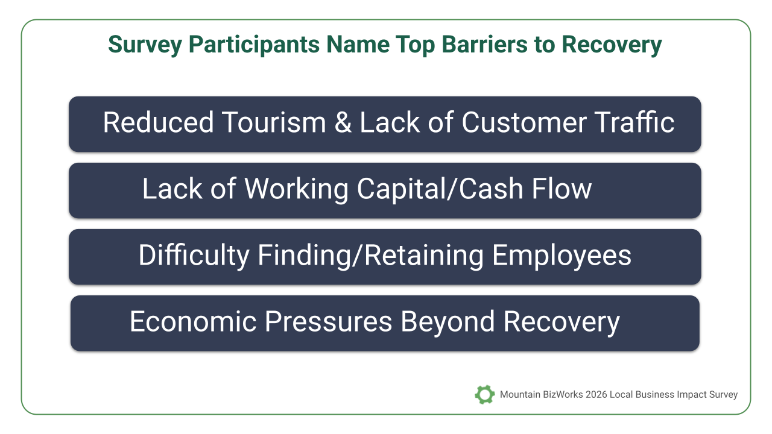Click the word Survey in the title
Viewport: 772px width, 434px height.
[145, 45]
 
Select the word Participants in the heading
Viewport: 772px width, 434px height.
[254, 45]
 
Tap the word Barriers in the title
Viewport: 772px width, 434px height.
[484, 45]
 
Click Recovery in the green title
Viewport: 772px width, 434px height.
[612, 45]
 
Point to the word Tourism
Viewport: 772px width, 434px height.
[274, 122]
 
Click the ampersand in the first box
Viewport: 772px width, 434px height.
[343, 122]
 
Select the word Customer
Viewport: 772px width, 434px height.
[524, 122]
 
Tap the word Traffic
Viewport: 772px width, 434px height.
[634, 122]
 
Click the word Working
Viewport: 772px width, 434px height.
[296, 189]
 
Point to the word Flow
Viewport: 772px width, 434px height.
[562, 189]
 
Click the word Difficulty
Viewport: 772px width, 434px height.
[194, 256]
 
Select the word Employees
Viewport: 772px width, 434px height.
[562, 256]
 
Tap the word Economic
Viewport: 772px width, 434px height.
[193, 321]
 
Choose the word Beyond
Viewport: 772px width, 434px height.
[448, 322]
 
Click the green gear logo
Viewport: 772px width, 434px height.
[484, 394]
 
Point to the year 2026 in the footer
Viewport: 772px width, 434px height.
[596, 394]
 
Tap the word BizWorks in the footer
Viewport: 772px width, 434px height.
[563, 394]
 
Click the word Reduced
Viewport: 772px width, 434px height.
[158, 122]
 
